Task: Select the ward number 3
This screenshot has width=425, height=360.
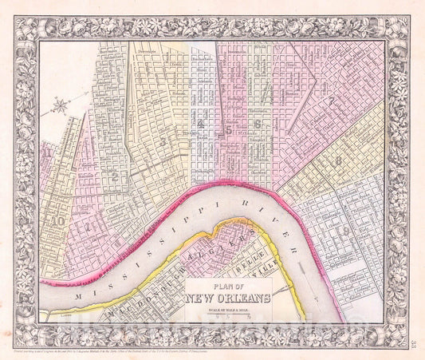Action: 163,141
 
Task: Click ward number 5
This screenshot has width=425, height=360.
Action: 229,127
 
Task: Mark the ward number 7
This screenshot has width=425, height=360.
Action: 329,103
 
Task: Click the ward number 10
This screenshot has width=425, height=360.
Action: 58,221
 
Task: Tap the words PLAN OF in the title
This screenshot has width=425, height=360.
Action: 228,287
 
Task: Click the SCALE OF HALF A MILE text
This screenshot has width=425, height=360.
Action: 228,310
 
